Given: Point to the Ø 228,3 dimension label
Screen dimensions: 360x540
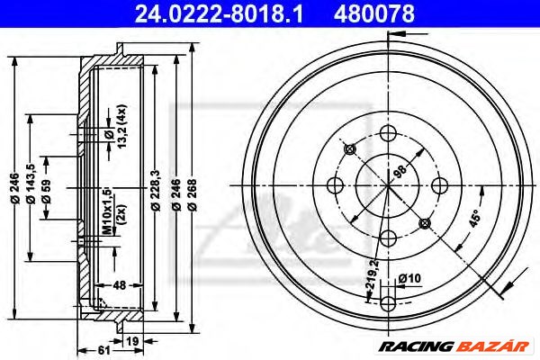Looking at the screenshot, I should click(157, 193).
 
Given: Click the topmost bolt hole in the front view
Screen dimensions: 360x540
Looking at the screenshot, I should click(389, 133).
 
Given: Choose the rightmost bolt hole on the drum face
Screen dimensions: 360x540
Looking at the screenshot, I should click(440, 185).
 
